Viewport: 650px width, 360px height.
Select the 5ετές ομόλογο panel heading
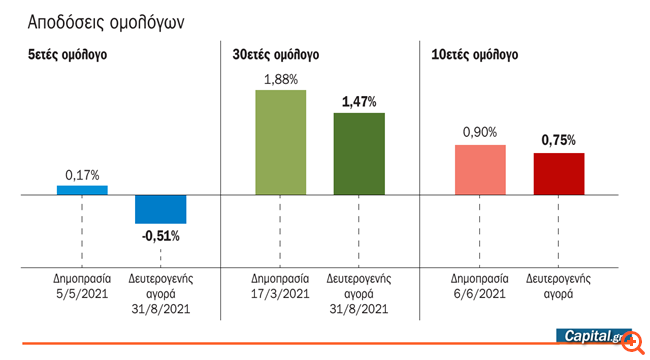pos(67,55)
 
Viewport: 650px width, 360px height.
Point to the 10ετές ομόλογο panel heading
pos(473,55)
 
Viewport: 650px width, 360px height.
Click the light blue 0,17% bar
pos(82,190)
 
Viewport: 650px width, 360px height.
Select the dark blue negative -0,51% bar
pos(160,209)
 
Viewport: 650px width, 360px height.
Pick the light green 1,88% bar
pos(281,143)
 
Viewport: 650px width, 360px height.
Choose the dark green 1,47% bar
pos(359,154)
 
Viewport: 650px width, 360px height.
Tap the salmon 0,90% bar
pos(480,170)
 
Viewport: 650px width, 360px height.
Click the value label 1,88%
pos(281,80)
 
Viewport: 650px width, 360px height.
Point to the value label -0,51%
pos(160,236)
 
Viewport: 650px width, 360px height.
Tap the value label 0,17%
pos(82,174)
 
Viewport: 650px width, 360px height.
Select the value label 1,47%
pos(359,102)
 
